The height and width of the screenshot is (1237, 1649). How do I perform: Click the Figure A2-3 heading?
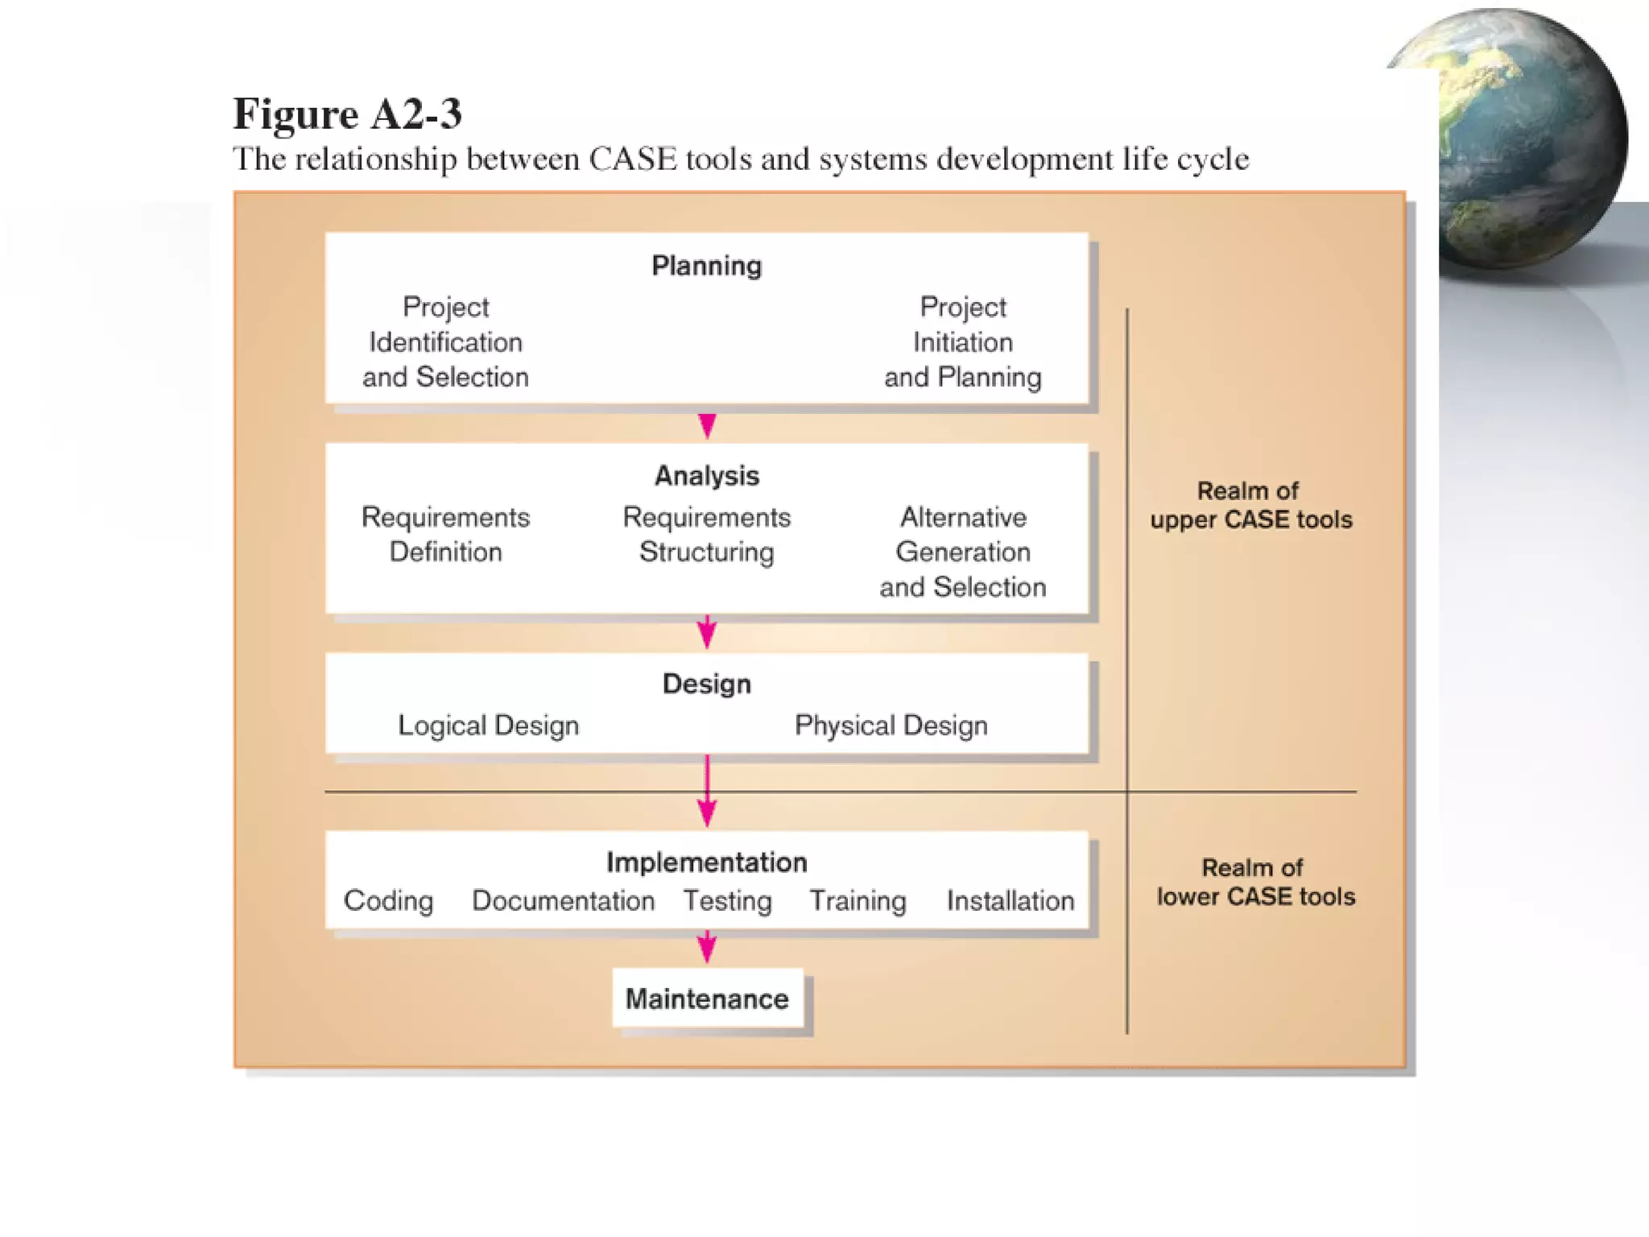347,114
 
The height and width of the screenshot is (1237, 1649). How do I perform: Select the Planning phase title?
706,266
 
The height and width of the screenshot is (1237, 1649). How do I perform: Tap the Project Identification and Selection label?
445,342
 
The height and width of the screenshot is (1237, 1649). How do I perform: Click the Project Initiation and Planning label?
962,342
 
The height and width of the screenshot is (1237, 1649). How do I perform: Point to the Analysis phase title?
706,476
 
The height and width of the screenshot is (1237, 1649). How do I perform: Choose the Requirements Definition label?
445,534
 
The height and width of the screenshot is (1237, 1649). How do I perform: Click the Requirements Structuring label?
706,534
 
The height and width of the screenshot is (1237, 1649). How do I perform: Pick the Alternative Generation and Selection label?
962,552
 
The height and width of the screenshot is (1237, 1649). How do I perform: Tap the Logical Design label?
488,726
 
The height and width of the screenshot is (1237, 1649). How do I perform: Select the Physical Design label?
891,726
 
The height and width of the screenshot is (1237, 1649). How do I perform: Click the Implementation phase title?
706,863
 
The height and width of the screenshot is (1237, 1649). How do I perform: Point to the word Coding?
388,900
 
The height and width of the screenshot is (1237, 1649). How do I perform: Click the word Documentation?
563,900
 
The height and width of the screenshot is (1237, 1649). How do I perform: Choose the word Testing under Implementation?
727,900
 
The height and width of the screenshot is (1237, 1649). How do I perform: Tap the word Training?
858,900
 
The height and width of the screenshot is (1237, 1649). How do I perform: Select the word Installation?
1010,900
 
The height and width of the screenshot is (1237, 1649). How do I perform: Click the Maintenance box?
707,999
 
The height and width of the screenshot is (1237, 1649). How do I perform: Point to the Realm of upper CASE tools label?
1250,505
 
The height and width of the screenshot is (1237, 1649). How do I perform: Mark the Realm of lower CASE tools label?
1255,882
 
